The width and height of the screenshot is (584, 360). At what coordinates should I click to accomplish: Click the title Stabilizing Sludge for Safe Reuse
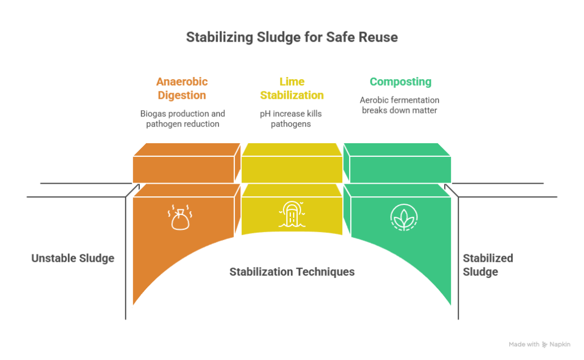click(x=291, y=38)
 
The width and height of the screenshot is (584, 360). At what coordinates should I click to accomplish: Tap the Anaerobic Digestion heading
click(x=182, y=88)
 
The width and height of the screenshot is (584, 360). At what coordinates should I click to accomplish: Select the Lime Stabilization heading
click(x=291, y=88)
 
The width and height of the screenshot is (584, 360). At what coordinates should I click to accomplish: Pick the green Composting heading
click(x=400, y=81)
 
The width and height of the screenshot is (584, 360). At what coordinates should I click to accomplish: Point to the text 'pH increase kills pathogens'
click(x=291, y=118)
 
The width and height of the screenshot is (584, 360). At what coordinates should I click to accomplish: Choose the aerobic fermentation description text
click(x=400, y=104)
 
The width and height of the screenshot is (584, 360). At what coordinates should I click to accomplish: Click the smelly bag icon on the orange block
click(x=180, y=217)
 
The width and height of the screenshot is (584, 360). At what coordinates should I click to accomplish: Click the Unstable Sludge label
click(x=72, y=258)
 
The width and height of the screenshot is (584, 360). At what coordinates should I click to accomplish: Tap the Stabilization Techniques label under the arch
click(x=291, y=272)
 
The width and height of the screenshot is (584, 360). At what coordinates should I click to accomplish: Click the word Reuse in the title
click(x=376, y=38)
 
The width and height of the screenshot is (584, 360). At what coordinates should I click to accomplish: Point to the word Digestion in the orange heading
click(x=182, y=95)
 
